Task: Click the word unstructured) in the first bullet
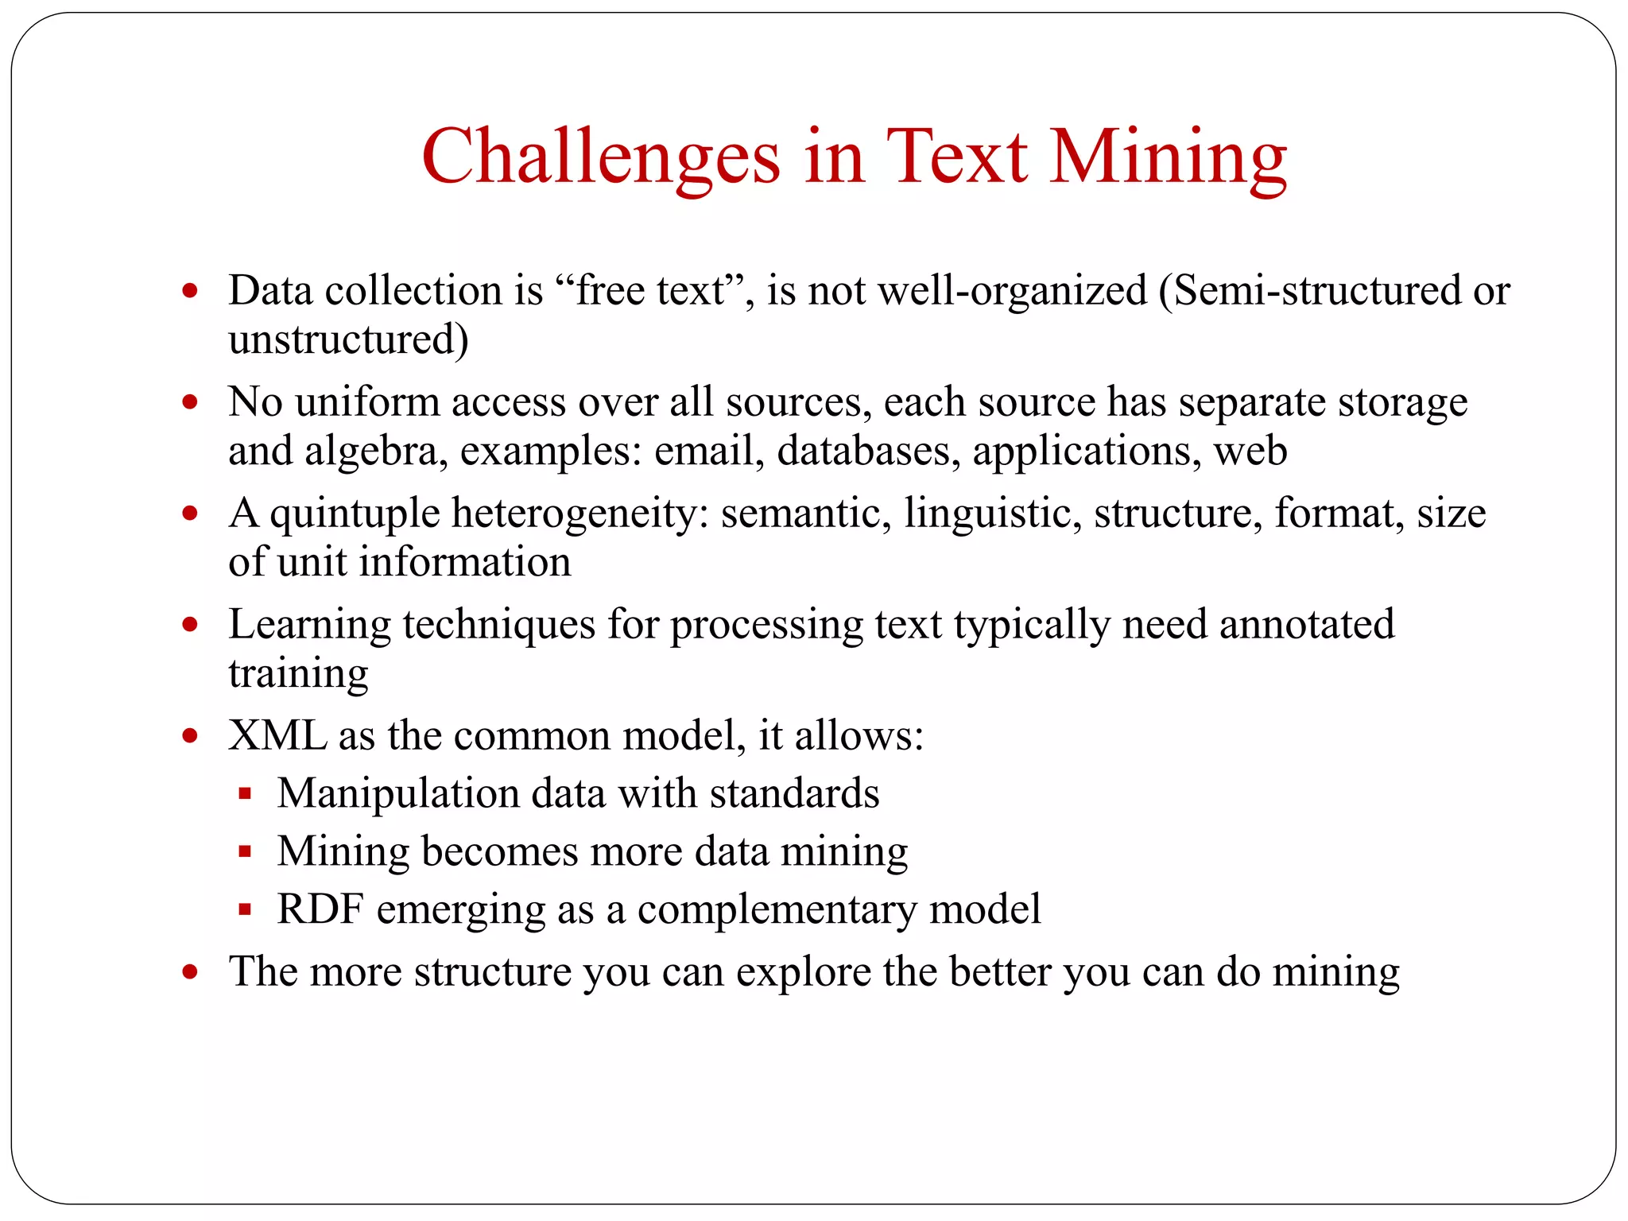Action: pos(348,339)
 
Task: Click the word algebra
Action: pos(371,451)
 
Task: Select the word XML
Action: pos(277,735)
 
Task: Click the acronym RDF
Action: pos(320,909)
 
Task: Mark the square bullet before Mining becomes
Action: pos(245,852)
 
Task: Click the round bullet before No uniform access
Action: pos(189,402)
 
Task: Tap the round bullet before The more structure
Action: pos(189,971)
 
